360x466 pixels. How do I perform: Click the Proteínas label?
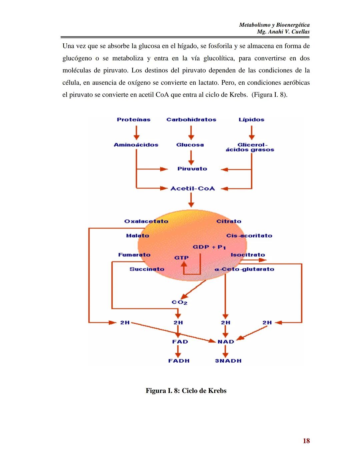click(133, 119)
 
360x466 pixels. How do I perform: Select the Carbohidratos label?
click(191, 119)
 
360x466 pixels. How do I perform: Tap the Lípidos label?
click(251, 119)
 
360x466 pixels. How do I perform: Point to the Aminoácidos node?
click(136, 145)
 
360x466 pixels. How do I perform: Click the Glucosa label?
click(190, 145)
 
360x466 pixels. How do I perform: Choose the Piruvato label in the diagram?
click(192, 169)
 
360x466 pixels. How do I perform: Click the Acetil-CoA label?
click(192, 188)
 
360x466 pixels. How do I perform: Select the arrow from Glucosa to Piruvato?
click(191, 157)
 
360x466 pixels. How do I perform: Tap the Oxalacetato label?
click(146, 221)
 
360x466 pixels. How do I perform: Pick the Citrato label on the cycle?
click(229, 221)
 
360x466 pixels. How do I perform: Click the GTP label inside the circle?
click(181, 258)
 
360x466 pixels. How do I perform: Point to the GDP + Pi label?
click(209, 247)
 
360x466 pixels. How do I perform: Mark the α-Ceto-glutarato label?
click(244, 269)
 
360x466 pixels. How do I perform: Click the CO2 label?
click(179, 302)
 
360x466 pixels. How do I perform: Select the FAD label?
click(180, 342)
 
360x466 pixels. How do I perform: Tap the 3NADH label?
click(228, 361)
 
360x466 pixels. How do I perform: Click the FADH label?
click(179, 361)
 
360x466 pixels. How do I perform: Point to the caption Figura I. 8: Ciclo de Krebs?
click(186, 391)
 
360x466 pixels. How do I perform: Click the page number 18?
click(306, 441)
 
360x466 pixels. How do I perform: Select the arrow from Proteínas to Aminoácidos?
click(136, 132)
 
